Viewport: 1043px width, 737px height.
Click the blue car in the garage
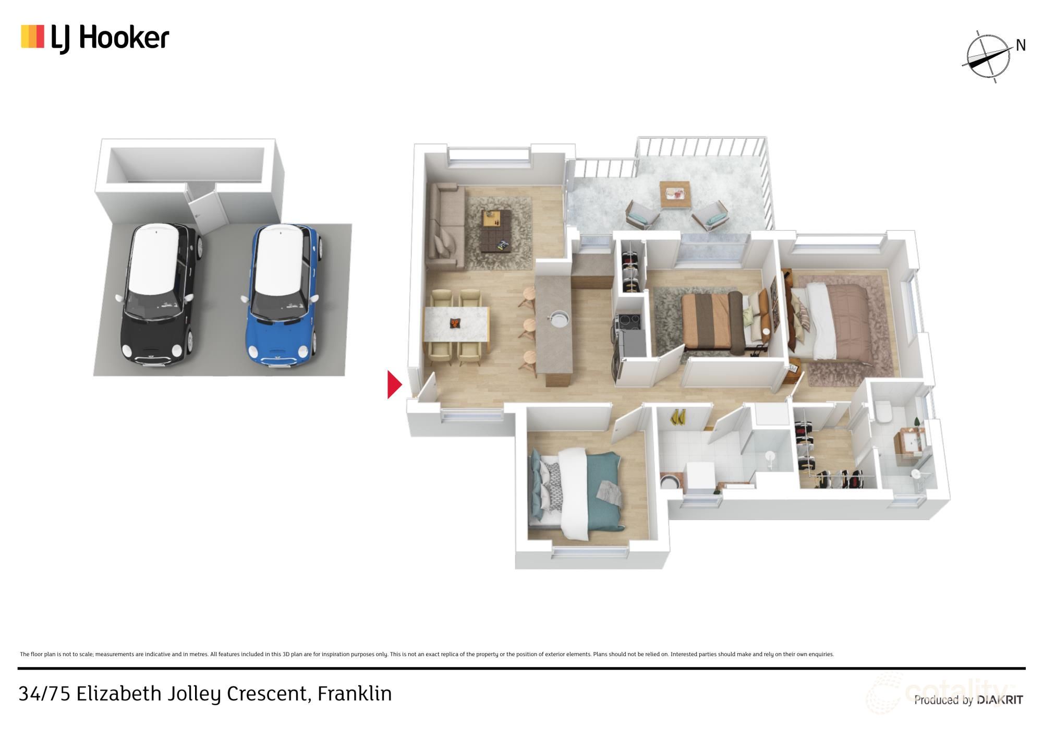282,295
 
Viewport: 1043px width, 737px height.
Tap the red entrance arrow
394,385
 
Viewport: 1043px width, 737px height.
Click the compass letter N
1021,46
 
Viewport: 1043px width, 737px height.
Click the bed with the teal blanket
579,493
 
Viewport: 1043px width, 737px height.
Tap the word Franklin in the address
355,694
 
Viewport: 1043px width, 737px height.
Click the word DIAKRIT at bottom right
1000,700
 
